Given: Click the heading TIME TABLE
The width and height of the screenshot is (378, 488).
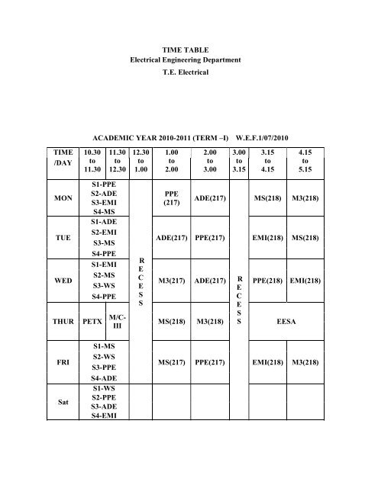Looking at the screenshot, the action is (188, 49).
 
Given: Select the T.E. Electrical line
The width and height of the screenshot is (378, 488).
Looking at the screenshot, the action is (188, 78).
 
